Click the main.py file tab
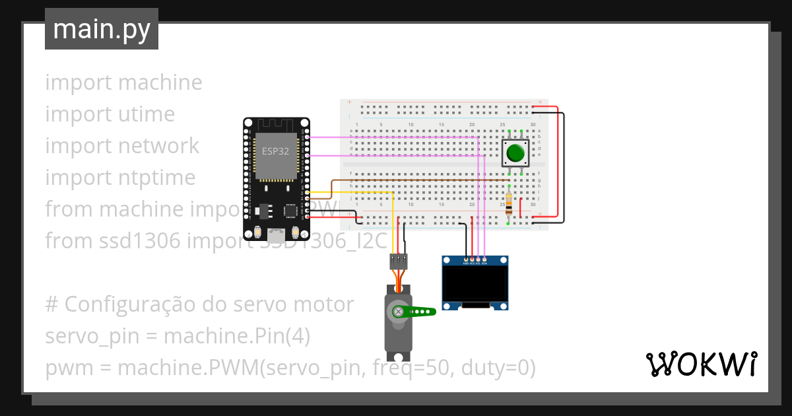(x=101, y=29)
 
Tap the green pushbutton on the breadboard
(x=515, y=154)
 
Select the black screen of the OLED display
(x=475, y=283)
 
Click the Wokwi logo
(x=701, y=364)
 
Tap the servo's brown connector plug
(x=398, y=261)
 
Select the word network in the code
(x=156, y=146)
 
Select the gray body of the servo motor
(x=398, y=330)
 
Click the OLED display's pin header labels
(x=475, y=263)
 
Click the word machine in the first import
(x=161, y=83)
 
